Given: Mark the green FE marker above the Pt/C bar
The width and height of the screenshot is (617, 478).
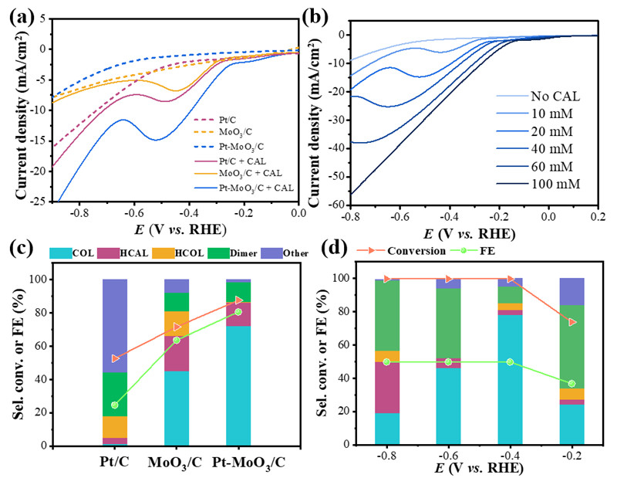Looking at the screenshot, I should coord(115,405).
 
